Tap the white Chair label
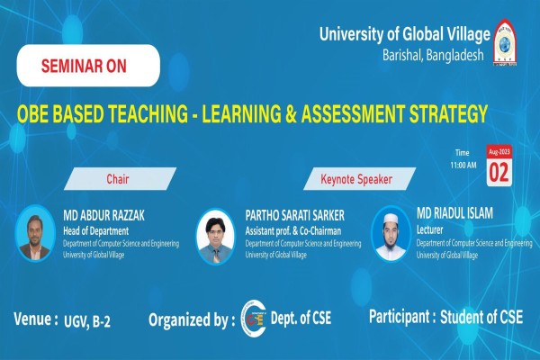pos(117,178)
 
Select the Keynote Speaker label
pos(356,179)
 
